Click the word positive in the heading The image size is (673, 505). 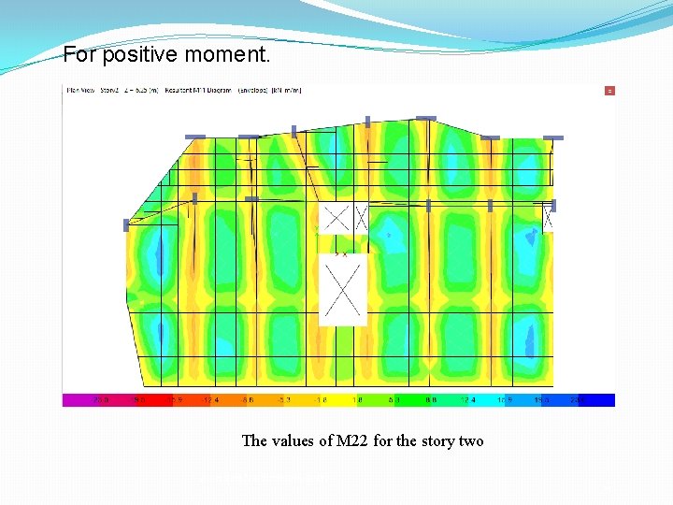point(140,55)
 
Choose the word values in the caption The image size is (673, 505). point(294,440)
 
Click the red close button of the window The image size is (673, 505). point(609,91)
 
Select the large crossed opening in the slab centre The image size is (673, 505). point(343,290)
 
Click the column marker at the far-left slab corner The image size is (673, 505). point(126,225)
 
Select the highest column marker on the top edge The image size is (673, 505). point(425,118)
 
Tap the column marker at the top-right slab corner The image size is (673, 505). point(553,137)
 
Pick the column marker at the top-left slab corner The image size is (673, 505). point(194,137)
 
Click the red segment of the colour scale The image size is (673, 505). point(140,399)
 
